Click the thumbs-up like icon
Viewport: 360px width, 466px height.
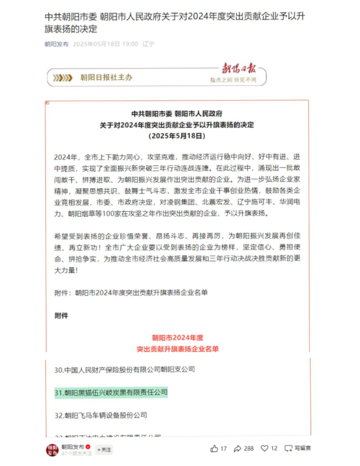click(214, 448)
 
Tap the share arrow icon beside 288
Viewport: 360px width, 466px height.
click(238, 448)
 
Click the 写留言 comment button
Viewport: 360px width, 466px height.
click(299, 448)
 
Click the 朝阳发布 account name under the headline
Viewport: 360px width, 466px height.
click(56, 44)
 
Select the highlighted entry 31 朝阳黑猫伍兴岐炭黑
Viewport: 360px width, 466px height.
click(111, 392)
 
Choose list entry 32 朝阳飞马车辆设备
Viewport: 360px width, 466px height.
click(101, 415)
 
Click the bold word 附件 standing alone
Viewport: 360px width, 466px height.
click(61, 315)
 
